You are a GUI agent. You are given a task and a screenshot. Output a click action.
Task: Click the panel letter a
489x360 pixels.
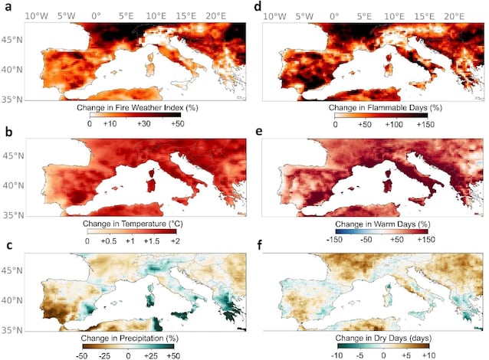[x=8, y=6]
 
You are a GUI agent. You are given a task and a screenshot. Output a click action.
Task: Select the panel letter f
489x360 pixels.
[x=259, y=245]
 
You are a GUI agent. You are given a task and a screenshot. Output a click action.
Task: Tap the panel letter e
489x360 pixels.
[x=258, y=132]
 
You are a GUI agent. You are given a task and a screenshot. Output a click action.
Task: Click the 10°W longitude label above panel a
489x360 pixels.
[x=37, y=16]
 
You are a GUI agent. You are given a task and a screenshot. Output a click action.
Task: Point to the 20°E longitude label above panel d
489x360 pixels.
[x=454, y=16]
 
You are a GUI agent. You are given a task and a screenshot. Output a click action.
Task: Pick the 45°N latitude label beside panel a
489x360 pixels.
[x=11, y=40]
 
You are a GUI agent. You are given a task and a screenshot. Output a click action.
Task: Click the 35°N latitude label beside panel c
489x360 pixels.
[x=11, y=330]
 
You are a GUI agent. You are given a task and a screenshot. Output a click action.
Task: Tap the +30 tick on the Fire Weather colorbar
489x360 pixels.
[x=144, y=124]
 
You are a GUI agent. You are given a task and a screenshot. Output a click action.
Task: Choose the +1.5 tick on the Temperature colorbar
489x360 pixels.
[x=152, y=241]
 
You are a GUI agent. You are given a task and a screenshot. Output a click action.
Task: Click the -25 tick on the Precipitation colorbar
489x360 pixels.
[x=104, y=355]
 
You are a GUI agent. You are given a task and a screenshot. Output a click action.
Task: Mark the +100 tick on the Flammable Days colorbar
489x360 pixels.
[x=394, y=124]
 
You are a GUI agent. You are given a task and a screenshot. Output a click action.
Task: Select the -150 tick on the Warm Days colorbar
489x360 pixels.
[x=334, y=240]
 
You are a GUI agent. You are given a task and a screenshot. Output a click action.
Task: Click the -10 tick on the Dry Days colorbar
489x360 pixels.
[x=337, y=355]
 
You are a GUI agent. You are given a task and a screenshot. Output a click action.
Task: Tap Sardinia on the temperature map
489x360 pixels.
[x=151, y=185]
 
